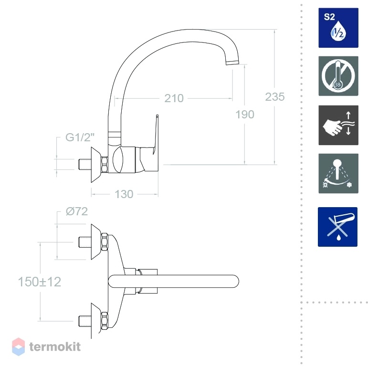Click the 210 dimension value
[x=174, y=98]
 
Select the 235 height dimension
[x=275, y=97]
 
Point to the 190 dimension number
[x=245, y=115]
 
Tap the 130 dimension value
[x=124, y=194]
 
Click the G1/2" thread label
[x=80, y=137]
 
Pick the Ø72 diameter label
[x=77, y=211]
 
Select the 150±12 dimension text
[x=40, y=282]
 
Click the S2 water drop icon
[x=338, y=28]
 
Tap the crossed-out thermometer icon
[x=338, y=76]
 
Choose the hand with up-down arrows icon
[x=338, y=125]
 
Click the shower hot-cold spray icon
[x=338, y=173]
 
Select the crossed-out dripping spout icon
[x=338, y=227]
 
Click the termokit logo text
[x=55, y=347]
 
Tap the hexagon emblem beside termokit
[x=18, y=347]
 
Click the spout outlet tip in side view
[x=232, y=62]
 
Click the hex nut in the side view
[x=104, y=165]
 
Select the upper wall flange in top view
[x=96, y=242]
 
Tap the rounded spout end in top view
[x=233, y=281]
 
